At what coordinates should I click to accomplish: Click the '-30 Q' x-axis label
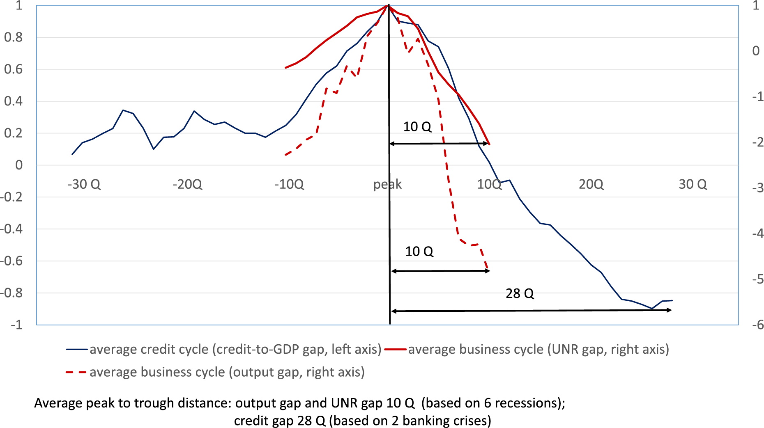(x=84, y=184)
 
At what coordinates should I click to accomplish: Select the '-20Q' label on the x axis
(x=187, y=184)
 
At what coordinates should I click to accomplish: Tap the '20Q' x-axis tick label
(x=591, y=184)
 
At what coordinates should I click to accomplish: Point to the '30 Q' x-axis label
(x=693, y=184)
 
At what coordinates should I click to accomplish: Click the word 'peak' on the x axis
(x=387, y=185)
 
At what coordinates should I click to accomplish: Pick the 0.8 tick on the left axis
(x=13, y=37)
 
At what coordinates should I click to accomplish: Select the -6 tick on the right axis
(x=757, y=325)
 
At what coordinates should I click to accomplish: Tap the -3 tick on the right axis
(x=757, y=188)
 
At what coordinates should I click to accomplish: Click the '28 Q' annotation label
(x=520, y=293)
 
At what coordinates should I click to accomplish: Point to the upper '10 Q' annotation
(x=417, y=126)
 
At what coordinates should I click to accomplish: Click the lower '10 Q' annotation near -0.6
(x=419, y=251)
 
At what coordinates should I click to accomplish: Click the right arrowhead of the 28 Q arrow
(x=670, y=310)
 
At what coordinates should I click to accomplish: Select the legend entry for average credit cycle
(x=235, y=349)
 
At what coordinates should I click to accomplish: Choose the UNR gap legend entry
(x=538, y=349)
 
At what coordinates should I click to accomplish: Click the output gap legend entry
(x=227, y=372)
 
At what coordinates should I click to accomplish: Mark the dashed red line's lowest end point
(x=488, y=270)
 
